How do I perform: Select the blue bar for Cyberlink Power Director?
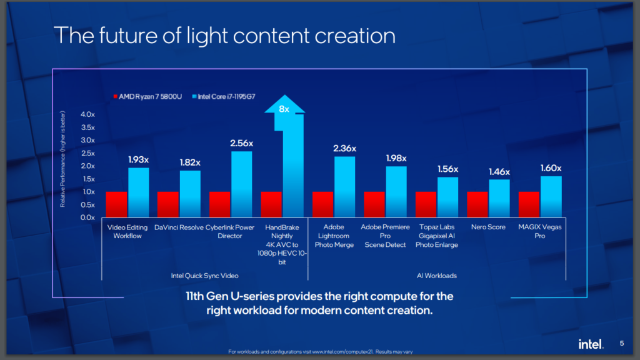point(242,184)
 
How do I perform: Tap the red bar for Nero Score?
point(477,204)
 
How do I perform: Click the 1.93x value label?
point(138,160)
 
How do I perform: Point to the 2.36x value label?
point(344,148)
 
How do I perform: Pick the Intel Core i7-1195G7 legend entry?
point(227,97)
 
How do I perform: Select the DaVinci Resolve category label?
point(178,227)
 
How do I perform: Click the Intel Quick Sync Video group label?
point(204,275)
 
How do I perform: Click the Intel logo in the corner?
point(590,344)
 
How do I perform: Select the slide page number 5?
point(622,344)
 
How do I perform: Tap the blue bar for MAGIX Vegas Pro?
point(551,197)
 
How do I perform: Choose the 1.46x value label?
point(499,172)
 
